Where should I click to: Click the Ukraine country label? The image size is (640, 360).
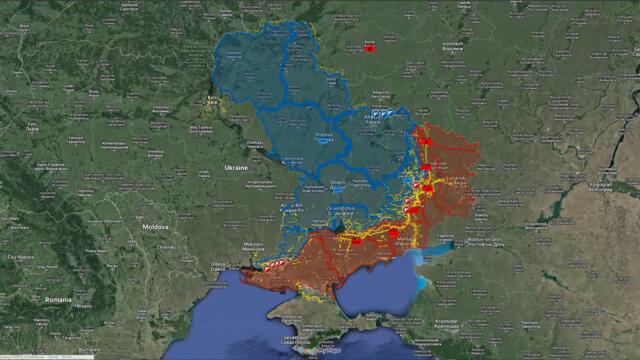pos(236,168)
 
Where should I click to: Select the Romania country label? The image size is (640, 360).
pos(58,299)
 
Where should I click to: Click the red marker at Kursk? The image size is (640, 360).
pos(369,47)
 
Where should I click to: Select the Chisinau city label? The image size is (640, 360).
pos(168,247)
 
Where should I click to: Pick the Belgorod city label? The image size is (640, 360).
pos(382,93)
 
